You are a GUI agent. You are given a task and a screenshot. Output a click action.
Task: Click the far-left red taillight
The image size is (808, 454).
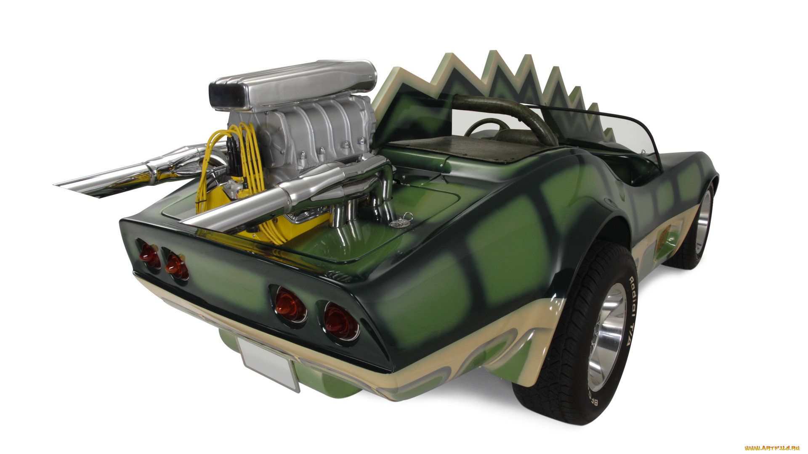point(149,256)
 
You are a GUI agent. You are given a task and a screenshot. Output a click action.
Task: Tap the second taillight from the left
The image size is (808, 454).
point(176,267)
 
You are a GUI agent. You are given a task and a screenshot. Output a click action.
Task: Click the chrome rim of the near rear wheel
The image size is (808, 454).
point(608,336)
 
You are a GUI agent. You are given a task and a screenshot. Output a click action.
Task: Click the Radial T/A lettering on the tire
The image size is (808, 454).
point(630,311)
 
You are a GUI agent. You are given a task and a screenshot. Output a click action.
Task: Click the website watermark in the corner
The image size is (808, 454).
point(772,448)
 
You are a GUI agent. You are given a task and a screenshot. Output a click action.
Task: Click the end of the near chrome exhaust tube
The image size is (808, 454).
point(189,223)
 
